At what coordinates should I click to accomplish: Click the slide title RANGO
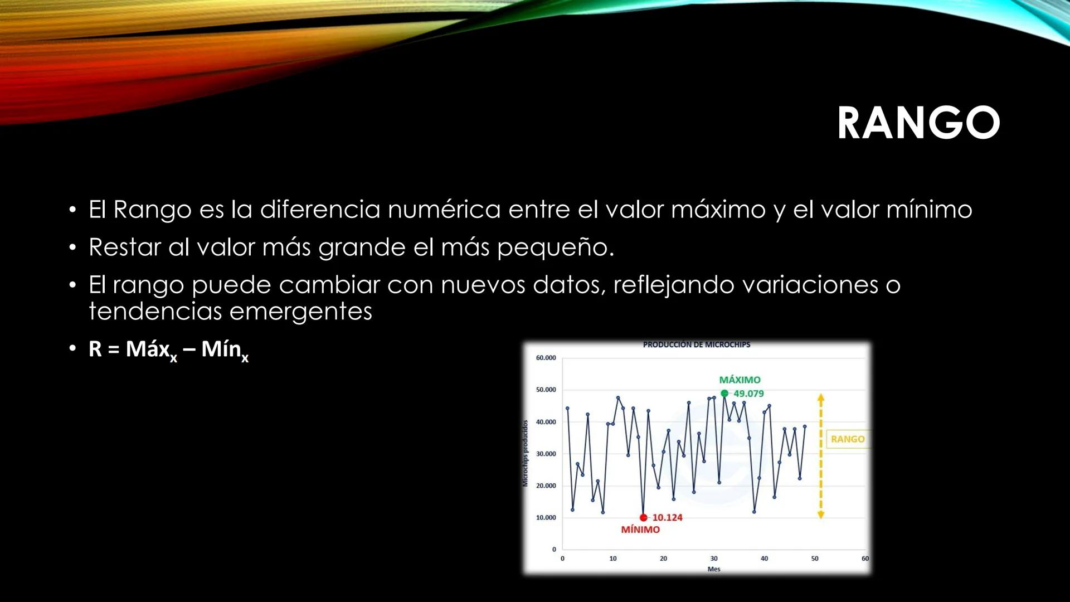[x=918, y=123]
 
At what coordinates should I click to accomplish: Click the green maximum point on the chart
[x=724, y=394]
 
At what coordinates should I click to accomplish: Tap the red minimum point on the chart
[x=644, y=518]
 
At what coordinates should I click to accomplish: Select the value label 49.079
[x=748, y=394]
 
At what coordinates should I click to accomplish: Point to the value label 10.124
[x=667, y=518]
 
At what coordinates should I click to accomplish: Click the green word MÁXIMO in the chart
[x=740, y=380]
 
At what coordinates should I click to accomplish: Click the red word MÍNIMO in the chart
[x=640, y=530]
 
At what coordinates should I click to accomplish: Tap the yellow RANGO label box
[x=847, y=439]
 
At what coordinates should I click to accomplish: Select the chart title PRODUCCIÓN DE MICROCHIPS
[x=697, y=345]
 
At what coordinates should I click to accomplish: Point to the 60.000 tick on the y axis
[x=546, y=358]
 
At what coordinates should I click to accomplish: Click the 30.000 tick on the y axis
[x=546, y=454]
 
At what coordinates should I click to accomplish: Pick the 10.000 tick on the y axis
[x=546, y=518]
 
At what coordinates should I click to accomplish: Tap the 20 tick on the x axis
[x=663, y=559]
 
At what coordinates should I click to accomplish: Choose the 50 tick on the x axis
[x=815, y=559]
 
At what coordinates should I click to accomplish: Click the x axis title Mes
[x=714, y=569]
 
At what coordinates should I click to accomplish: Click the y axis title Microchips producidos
[x=525, y=453]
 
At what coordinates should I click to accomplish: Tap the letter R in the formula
[x=95, y=349]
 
